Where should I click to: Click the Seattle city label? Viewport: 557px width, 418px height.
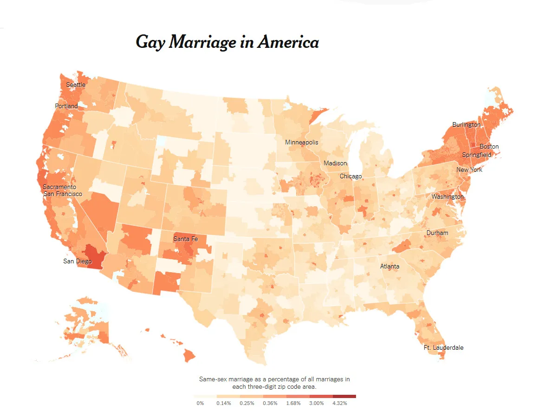(76, 85)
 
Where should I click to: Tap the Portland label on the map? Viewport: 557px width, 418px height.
(66, 106)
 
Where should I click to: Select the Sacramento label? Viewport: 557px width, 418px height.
(59, 187)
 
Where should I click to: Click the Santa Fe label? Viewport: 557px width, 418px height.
(185, 239)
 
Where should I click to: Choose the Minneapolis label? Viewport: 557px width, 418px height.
(302, 142)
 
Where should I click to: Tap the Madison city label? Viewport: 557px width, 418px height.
(335, 163)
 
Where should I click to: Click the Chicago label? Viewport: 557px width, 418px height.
(350, 176)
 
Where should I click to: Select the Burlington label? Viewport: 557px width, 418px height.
(466, 125)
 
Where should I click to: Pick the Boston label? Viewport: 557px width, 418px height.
(489, 147)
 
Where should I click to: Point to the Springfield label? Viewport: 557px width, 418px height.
(476, 155)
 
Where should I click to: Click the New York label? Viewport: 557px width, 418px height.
(469, 170)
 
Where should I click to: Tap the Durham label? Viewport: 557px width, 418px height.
(438, 233)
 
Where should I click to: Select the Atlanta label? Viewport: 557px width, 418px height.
(389, 267)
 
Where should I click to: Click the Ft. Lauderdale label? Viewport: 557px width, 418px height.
(443, 348)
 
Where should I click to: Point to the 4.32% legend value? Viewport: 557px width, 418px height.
(340, 403)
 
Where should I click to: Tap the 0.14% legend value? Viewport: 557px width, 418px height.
(223, 403)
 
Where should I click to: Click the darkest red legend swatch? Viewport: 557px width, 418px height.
(344, 396)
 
